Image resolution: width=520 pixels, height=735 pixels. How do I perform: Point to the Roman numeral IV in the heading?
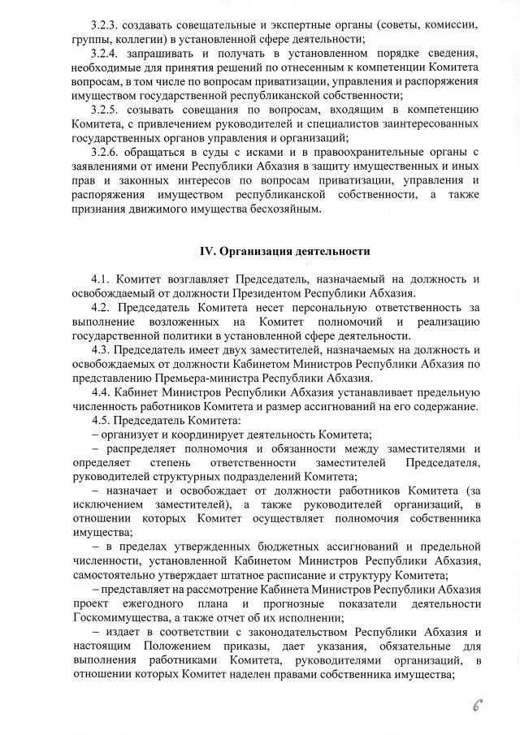click(207, 251)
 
